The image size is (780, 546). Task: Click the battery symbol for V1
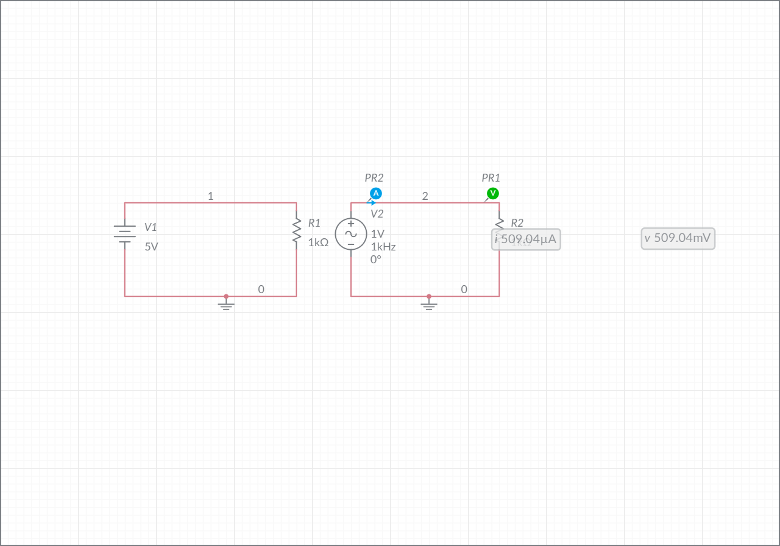[x=125, y=234]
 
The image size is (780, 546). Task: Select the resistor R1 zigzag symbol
[x=297, y=231]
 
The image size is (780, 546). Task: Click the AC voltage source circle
[x=351, y=234]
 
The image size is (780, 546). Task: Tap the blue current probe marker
[x=376, y=193]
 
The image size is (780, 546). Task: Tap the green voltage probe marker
[x=493, y=193]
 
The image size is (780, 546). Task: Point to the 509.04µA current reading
[x=526, y=239]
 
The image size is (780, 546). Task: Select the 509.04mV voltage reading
[x=678, y=238]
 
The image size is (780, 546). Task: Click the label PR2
[x=374, y=178]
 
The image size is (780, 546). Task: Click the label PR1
[x=491, y=178]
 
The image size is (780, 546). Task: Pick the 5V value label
[x=151, y=247]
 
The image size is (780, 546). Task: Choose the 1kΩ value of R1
[x=318, y=242]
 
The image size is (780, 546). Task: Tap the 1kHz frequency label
[x=383, y=247]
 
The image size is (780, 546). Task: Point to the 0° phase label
[x=376, y=259]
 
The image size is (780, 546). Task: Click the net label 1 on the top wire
[x=210, y=196]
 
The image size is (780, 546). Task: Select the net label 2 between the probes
[x=425, y=196]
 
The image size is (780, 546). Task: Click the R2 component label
[x=517, y=223]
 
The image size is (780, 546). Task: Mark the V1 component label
[x=151, y=227]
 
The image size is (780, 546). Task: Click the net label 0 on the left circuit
[x=261, y=289]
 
